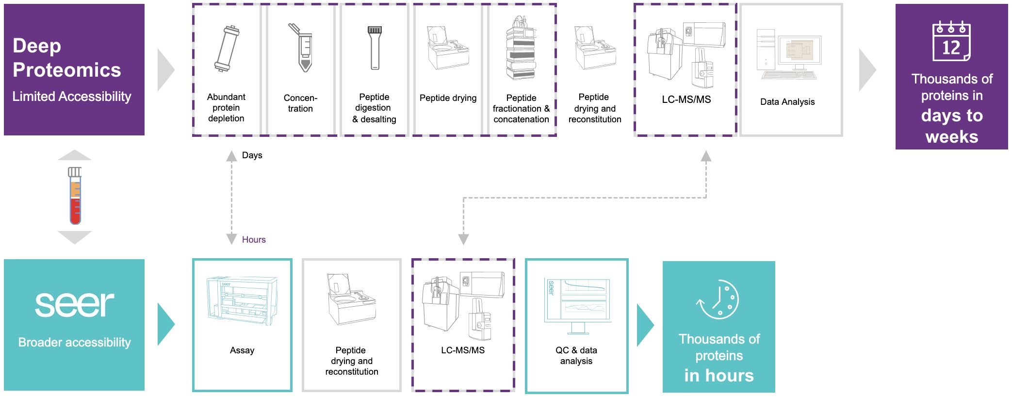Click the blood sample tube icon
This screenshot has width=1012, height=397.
pyautogui.click(x=75, y=196)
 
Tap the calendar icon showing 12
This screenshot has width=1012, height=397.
pyautogui.click(x=951, y=42)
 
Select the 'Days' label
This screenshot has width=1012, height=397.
pyautogui.click(x=252, y=155)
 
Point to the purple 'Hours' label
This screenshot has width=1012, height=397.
pyautogui.click(x=254, y=240)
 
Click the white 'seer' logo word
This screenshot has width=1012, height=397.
pyautogui.click(x=74, y=304)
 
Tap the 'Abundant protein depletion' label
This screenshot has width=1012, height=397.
pyautogui.click(x=226, y=108)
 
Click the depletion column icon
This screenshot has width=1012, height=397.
pyautogui.click(x=227, y=49)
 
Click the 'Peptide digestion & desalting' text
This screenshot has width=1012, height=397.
pyautogui.click(x=374, y=108)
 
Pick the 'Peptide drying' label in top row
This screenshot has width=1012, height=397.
pyautogui.click(x=448, y=98)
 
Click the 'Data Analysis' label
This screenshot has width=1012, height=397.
pyautogui.click(x=787, y=102)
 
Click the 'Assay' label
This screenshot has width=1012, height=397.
pyautogui.click(x=242, y=350)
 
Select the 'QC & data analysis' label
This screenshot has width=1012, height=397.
pyautogui.click(x=576, y=356)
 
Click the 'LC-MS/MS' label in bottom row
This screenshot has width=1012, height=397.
pyautogui.click(x=463, y=350)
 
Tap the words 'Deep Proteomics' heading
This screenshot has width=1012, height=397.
pyautogui.click(x=66, y=58)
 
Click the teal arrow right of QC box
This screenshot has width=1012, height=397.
pyautogui.click(x=645, y=325)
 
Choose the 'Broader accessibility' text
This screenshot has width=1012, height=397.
pyautogui.click(x=74, y=343)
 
